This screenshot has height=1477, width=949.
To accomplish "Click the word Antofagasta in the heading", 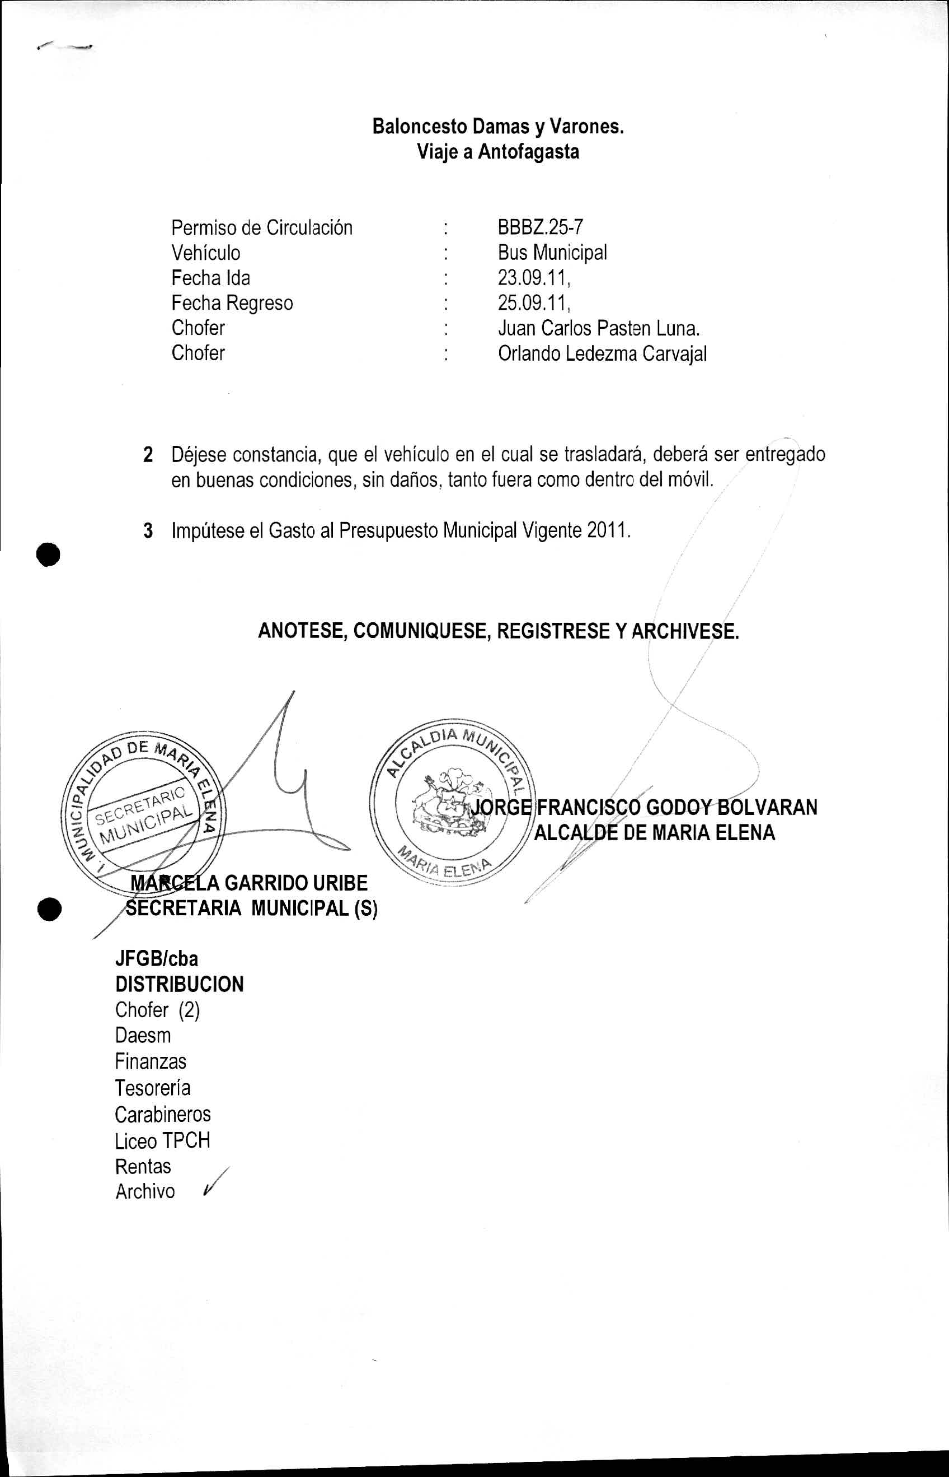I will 529,152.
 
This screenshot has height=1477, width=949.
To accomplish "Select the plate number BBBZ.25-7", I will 540,227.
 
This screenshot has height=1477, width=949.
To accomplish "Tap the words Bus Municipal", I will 552,253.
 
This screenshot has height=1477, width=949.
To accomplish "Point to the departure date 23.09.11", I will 534,278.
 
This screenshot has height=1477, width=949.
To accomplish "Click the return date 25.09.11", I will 534,303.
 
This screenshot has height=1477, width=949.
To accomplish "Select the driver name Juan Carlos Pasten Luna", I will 598,328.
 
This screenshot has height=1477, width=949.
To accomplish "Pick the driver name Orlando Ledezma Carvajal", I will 602,353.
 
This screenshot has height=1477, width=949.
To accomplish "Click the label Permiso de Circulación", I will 262,227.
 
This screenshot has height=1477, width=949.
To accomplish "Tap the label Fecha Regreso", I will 232,303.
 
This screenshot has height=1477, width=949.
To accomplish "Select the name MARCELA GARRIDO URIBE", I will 249,883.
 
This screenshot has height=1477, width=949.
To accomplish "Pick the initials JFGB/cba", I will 157,958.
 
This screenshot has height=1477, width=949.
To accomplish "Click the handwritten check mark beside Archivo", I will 213,1182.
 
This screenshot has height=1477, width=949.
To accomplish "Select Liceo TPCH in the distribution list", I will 162,1140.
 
